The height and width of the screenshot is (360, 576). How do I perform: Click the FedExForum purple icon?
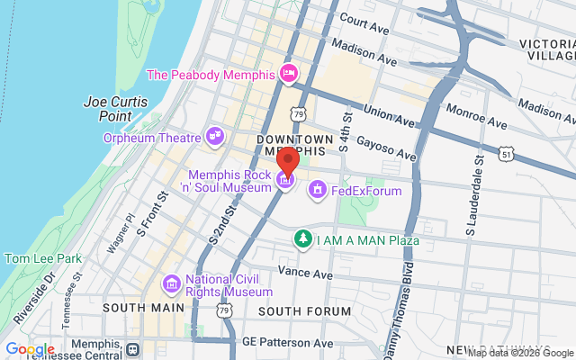(318, 190)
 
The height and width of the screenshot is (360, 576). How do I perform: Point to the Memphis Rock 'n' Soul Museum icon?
(285, 181)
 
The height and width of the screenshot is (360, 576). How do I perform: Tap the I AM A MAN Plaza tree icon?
(304, 239)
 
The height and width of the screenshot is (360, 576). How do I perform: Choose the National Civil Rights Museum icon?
(171, 284)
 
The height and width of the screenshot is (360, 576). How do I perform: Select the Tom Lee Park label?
(43, 258)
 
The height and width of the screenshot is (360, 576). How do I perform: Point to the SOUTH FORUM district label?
(304, 311)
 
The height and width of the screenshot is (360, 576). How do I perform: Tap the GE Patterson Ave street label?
(288, 344)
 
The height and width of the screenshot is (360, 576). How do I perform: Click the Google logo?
(30, 349)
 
